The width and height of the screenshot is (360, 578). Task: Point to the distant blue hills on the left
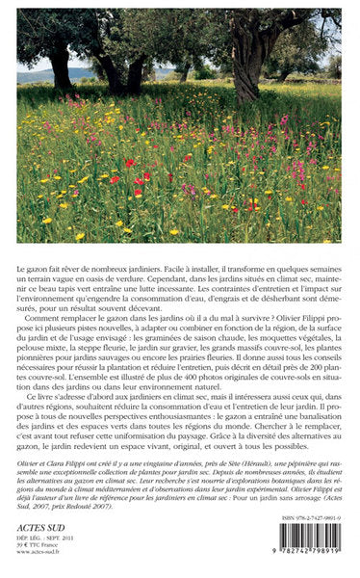pos(34,73)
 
